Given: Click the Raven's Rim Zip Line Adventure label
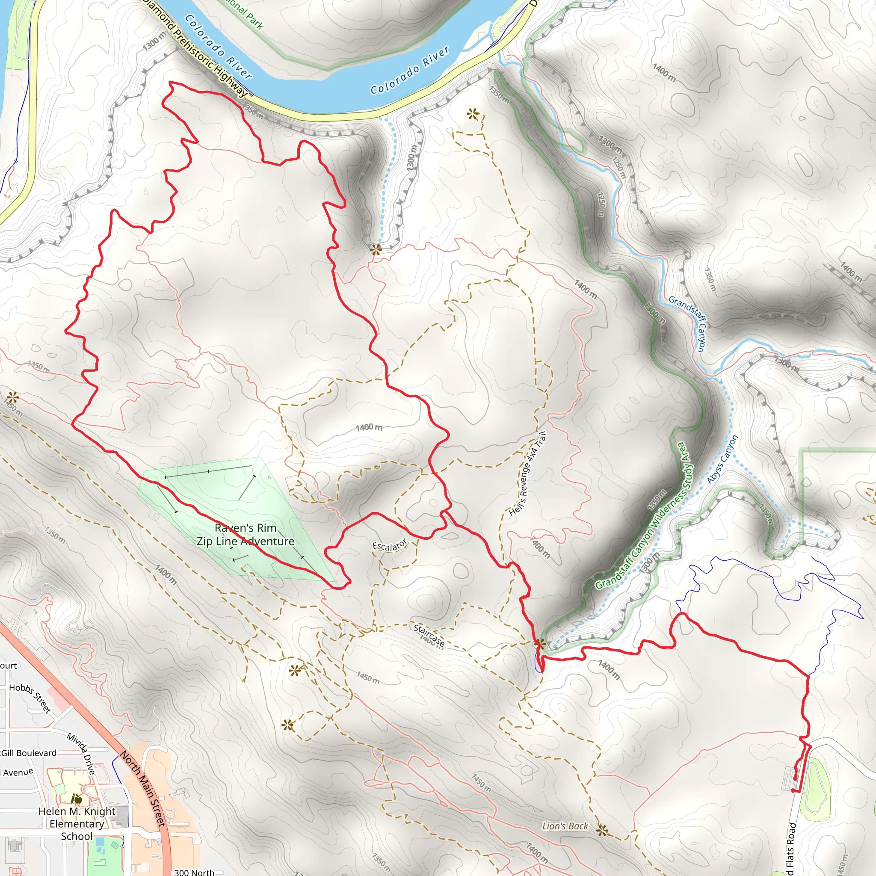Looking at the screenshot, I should click(245, 535).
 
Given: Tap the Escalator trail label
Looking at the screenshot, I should click(390, 545).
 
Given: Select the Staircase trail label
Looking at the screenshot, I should click(429, 635).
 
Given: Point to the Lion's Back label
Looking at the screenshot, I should click(565, 826).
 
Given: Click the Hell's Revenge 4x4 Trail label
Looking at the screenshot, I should click(527, 474).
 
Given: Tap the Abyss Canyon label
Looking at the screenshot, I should click(722, 459).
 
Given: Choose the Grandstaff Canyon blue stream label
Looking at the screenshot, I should click(688, 323).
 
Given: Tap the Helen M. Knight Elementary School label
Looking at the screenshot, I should click(77, 824).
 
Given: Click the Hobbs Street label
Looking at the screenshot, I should click(30, 698).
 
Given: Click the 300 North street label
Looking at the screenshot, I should click(194, 872).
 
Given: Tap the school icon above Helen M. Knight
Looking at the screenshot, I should click(77, 799).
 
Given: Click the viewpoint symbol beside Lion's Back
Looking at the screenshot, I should click(602, 830).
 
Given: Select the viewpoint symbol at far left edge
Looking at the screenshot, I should click(12, 398).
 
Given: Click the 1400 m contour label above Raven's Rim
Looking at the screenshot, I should click(369, 427).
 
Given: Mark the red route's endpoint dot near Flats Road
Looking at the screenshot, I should click(793, 791).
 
